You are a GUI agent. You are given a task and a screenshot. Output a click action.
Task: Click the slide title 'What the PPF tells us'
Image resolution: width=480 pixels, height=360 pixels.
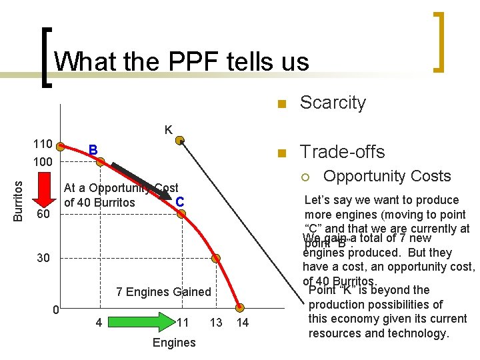coord(181,62)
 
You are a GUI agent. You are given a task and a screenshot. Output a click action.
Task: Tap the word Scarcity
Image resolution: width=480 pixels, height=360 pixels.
coord(333,103)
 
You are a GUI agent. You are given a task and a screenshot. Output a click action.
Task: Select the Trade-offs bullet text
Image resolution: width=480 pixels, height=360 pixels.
coord(342,152)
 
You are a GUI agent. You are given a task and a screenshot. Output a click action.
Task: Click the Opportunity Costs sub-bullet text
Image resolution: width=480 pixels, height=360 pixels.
coord(387,176)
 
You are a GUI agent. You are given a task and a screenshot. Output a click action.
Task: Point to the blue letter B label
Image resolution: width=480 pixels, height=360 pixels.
coord(93,149)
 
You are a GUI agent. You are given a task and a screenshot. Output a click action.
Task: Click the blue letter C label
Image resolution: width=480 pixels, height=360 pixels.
coord(179,199)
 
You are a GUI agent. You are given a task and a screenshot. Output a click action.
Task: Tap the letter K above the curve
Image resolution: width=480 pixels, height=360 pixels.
coord(169,129)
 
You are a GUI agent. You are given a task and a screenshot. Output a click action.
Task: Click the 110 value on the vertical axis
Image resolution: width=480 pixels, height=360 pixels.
coord(43,145)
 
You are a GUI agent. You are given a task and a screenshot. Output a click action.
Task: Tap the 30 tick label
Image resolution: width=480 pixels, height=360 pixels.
coord(43,258)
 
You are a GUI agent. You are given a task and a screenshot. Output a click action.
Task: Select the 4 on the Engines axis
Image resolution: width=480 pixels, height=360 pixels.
coord(99,323)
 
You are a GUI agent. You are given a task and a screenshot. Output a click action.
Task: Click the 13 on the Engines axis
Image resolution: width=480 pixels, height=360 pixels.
coord(216,323)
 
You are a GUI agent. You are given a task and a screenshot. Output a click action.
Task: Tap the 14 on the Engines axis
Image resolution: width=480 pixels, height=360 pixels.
coord(243,323)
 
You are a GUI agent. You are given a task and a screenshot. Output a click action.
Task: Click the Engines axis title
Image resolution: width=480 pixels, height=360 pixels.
coord(174,343)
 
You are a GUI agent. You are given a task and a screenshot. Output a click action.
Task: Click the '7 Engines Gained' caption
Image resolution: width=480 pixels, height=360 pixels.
coord(163,292)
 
